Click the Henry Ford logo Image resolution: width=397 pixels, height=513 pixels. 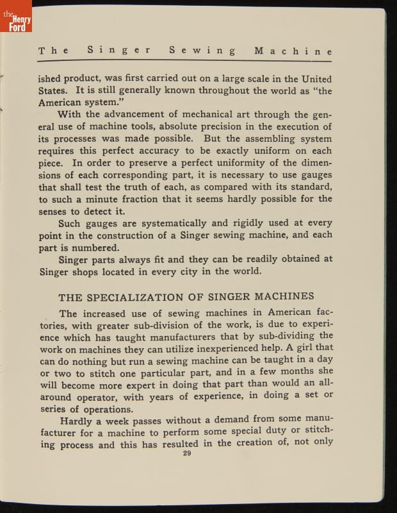16,17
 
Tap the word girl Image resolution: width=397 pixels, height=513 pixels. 296,349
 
